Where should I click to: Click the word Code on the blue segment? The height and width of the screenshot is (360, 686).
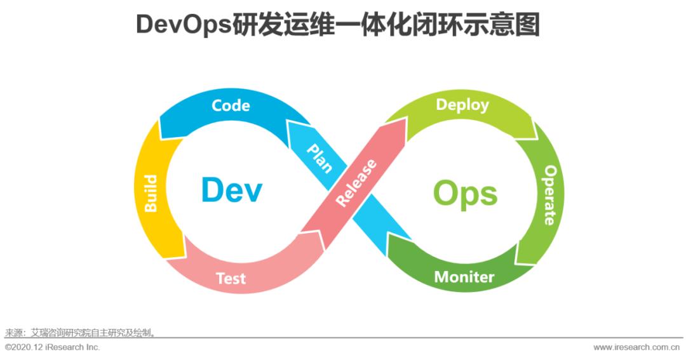click(x=231, y=105)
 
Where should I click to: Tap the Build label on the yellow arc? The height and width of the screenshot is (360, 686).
click(x=151, y=193)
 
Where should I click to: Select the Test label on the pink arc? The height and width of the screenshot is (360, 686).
click(x=231, y=278)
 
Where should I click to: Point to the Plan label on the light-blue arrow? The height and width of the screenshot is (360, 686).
click(x=319, y=158)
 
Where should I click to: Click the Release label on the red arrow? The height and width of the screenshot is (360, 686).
click(x=356, y=183)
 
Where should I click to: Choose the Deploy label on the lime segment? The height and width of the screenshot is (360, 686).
click(x=462, y=105)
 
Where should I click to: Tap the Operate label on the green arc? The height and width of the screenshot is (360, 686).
click(x=550, y=196)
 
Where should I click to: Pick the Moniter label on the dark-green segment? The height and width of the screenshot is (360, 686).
click(x=464, y=277)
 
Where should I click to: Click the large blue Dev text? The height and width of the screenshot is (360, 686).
click(x=231, y=190)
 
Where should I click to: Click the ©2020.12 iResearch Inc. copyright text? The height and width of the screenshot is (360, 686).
click(x=52, y=347)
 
